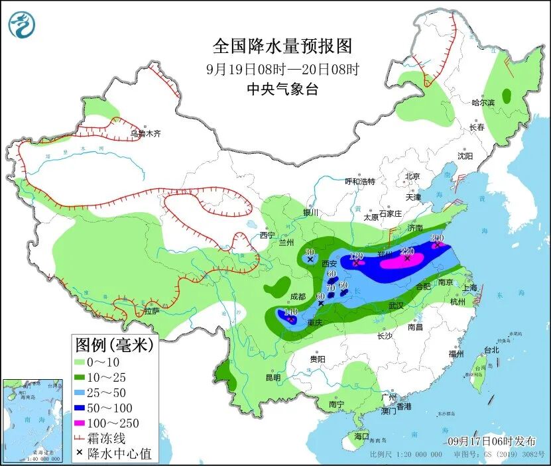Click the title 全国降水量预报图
coord(282,46)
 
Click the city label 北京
coord(412,176)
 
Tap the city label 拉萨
coord(151,310)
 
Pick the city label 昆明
coord(273,377)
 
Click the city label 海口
coord(361,437)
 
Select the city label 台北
coord(491,349)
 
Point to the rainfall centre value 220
coord(407,251)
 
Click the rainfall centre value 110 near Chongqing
coord(290,312)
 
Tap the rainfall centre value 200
coord(437,238)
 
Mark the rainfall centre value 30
coord(309,252)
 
